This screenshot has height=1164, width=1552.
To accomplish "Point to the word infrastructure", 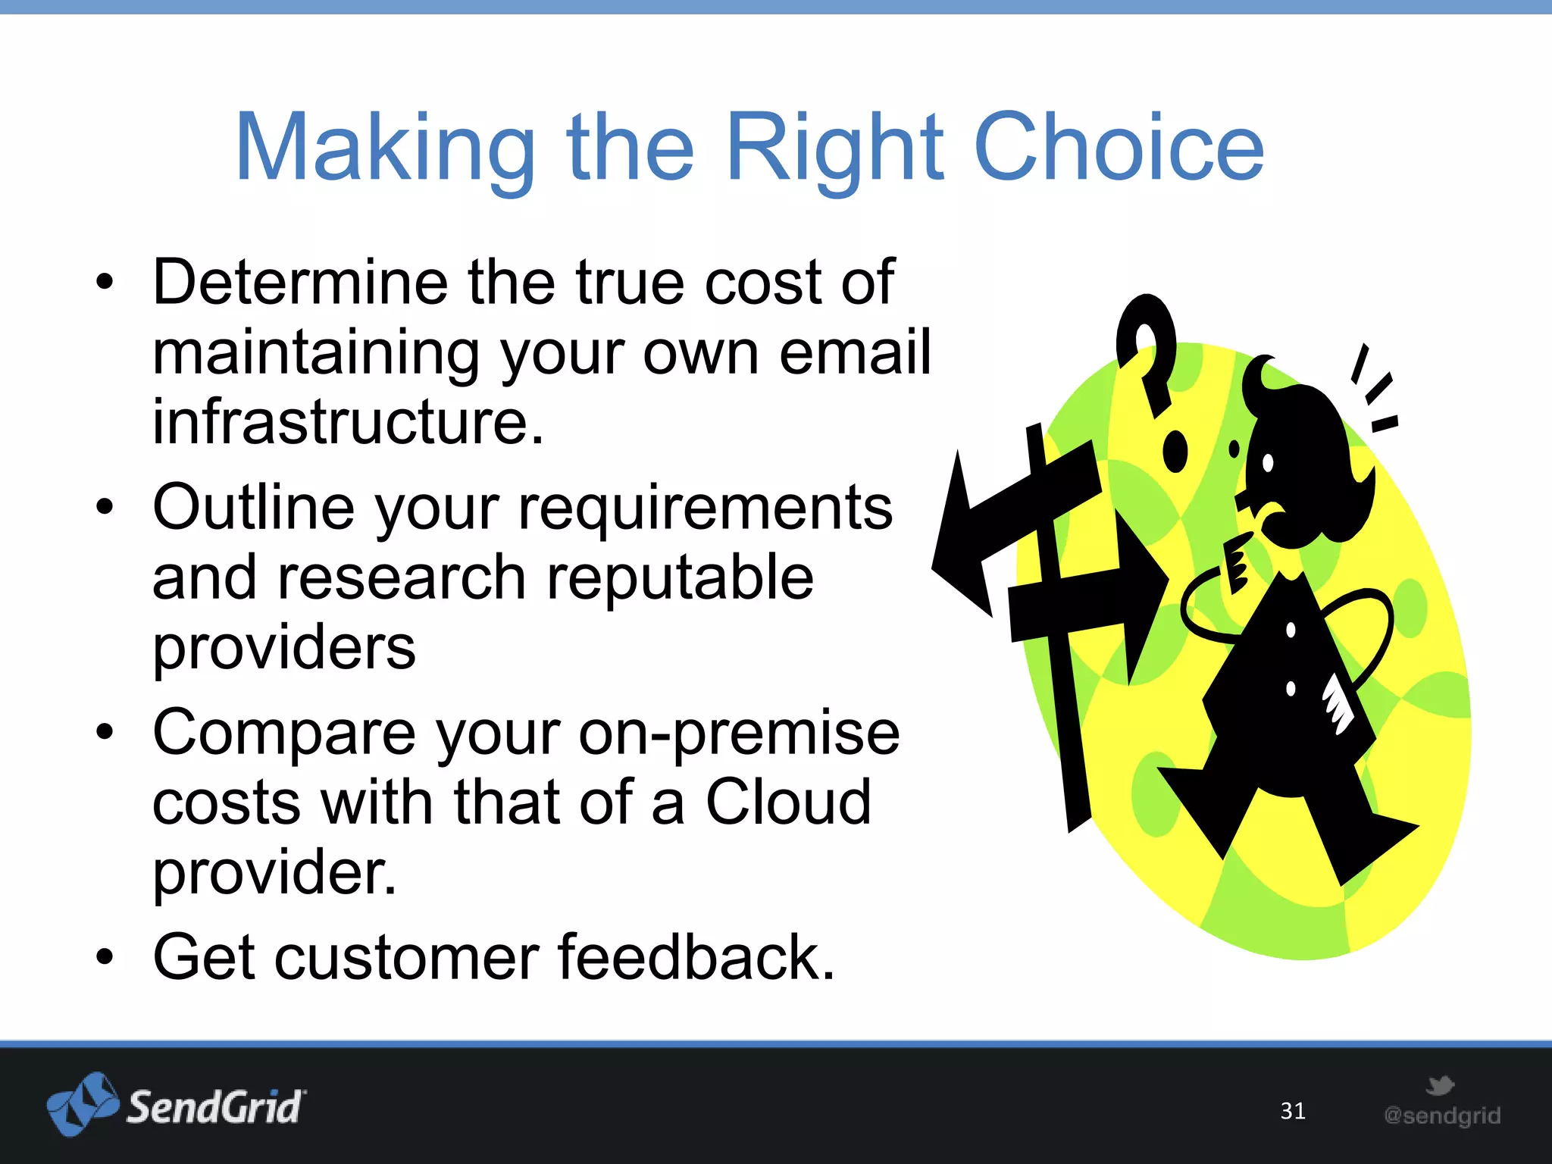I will point(348,422).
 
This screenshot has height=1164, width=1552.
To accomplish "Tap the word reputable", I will point(680,578).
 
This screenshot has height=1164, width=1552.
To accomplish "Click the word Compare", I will point(284,733).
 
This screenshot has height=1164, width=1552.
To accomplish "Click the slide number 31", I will point(1293,1111).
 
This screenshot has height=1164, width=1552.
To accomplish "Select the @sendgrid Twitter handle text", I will point(1441,1115).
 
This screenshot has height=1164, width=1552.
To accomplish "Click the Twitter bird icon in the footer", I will point(1439,1085).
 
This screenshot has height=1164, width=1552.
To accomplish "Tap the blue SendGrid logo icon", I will point(82,1104).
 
